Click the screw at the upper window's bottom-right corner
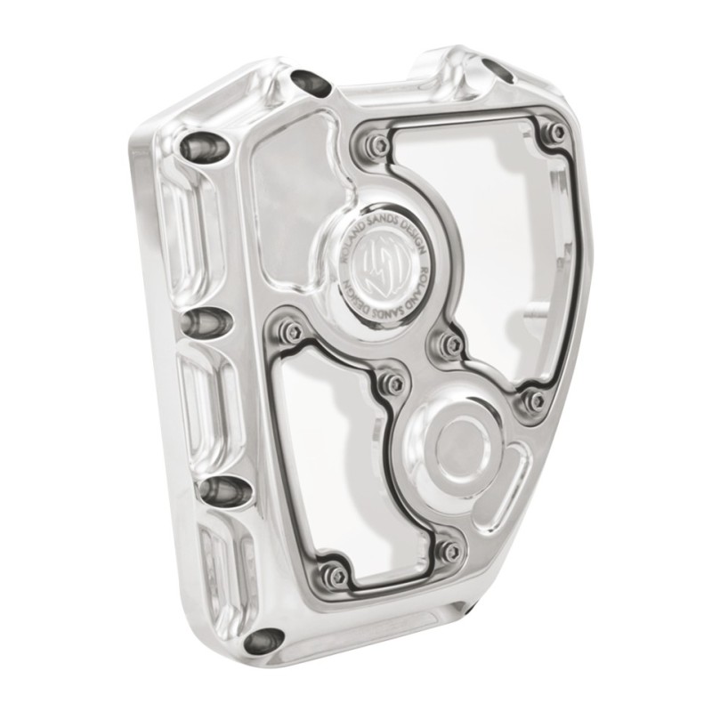pos(536,399)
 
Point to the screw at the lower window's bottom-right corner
pos(449,550)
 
